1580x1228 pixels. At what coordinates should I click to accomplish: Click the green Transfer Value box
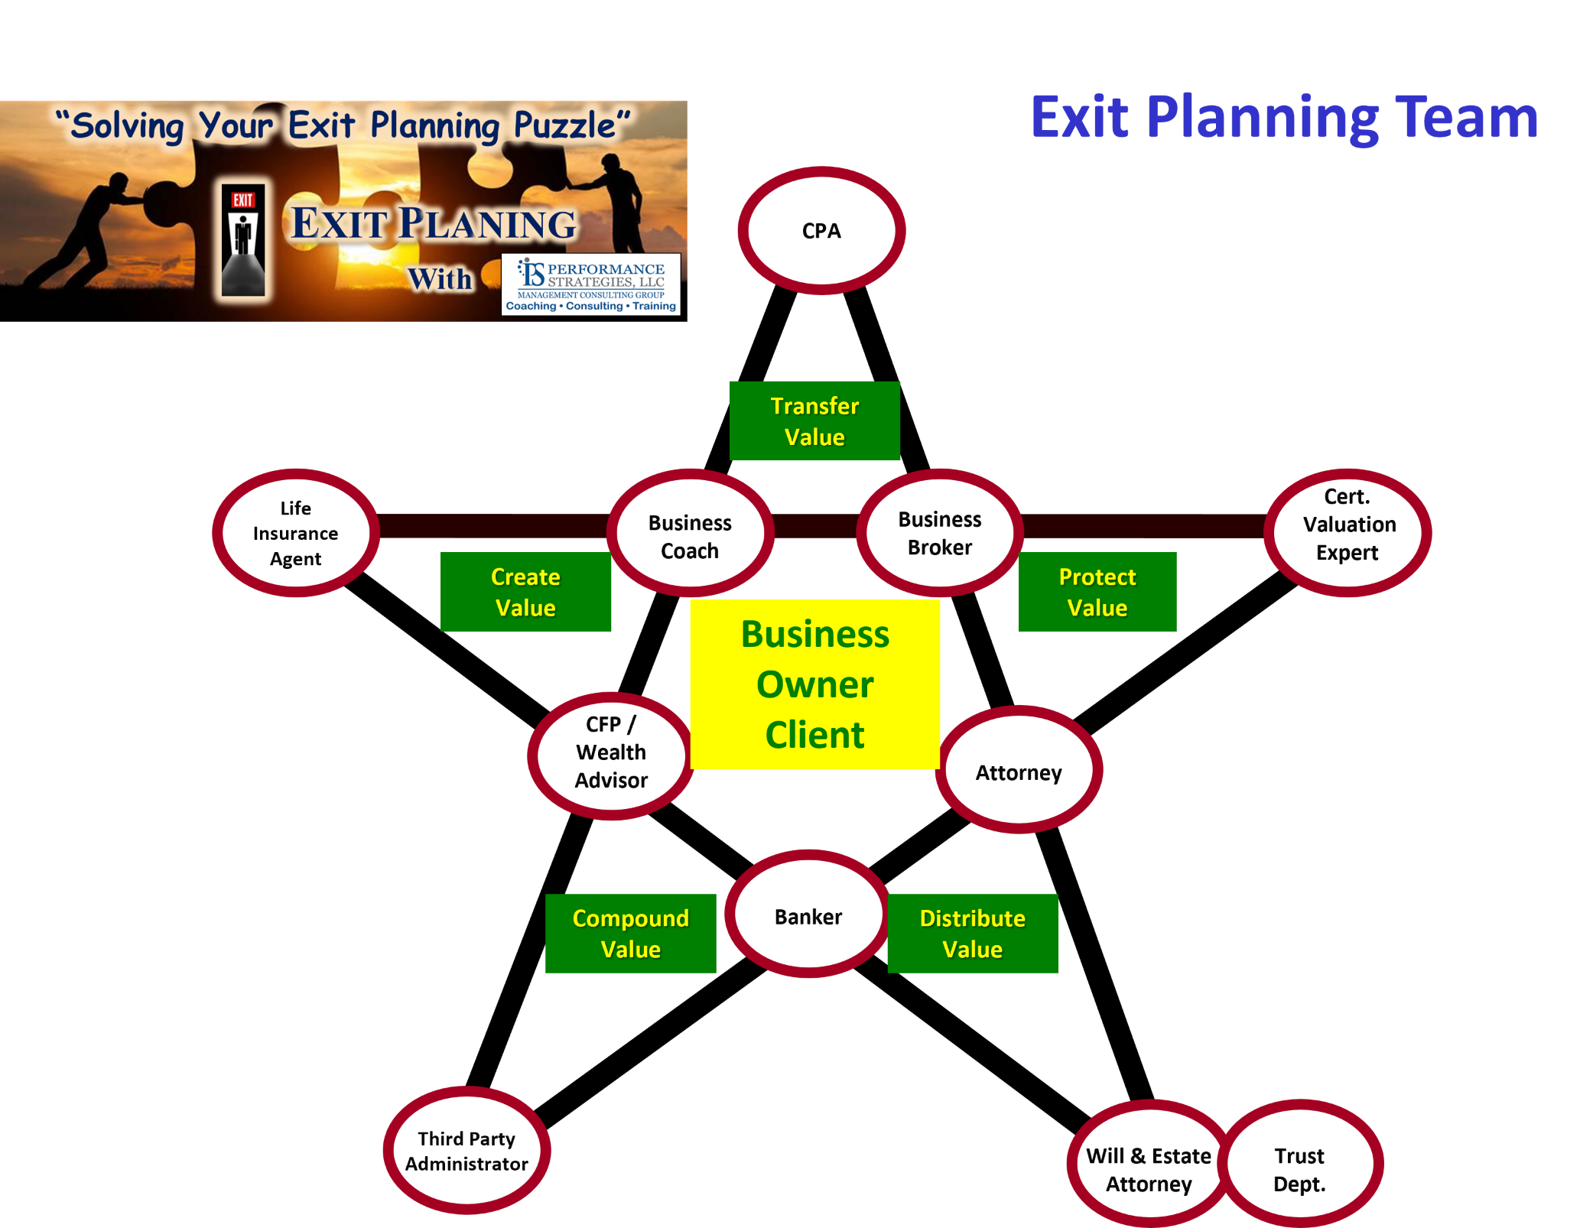(814, 421)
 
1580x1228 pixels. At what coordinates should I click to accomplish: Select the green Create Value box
(525, 592)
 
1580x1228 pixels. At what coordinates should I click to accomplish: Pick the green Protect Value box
(1097, 592)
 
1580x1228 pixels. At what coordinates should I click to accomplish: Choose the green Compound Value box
(630, 934)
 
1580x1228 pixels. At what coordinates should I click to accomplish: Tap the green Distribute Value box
(973, 934)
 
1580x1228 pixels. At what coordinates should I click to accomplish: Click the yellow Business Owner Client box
(815, 684)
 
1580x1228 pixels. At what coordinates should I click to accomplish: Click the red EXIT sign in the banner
(243, 200)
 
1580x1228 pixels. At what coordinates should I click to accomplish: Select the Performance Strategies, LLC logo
(590, 284)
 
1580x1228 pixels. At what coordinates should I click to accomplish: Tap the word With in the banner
(440, 279)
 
